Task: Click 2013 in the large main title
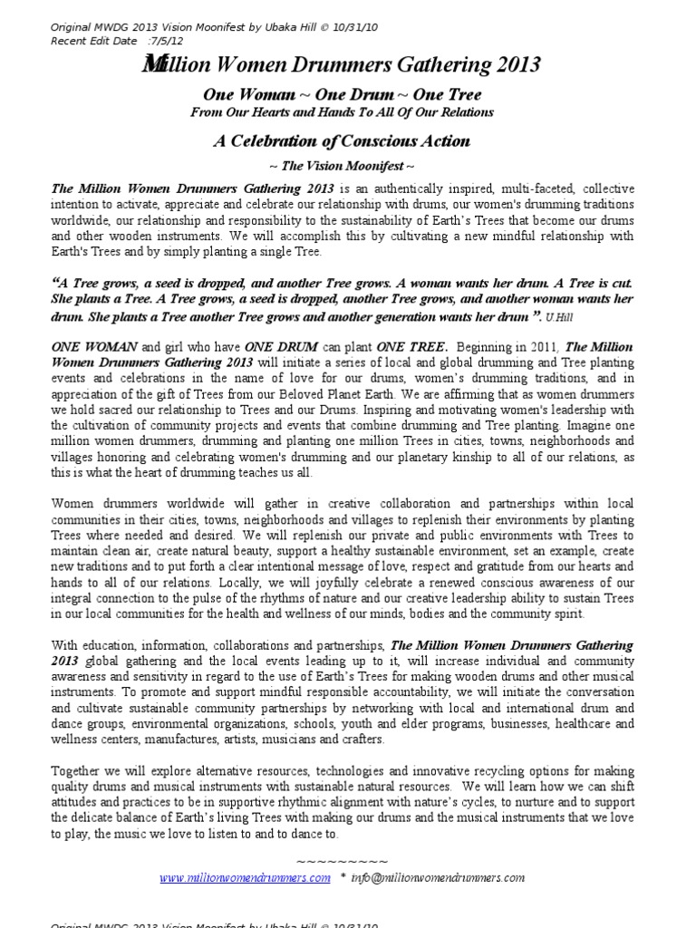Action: tap(513, 65)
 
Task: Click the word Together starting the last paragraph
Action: tap(78, 771)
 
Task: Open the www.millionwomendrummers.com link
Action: tap(245, 878)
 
